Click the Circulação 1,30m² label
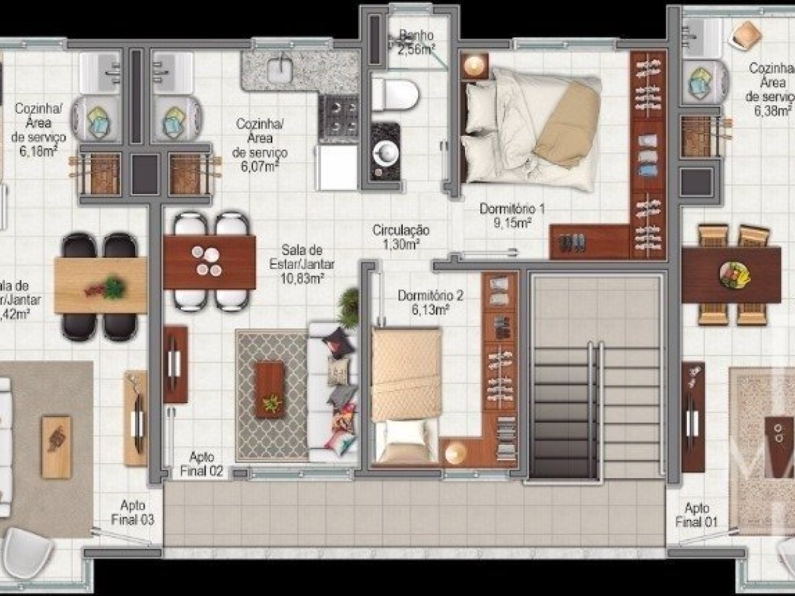click(x=401, y=237)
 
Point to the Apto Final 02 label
click(x=202, y=464)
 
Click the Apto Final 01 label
click(x=696, y=515)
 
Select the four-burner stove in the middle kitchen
click(x=339, y=118)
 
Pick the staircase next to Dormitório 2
click(x=596, y=377)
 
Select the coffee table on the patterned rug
click(x=270, y=390)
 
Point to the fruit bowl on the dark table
click(x=734, y=273)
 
